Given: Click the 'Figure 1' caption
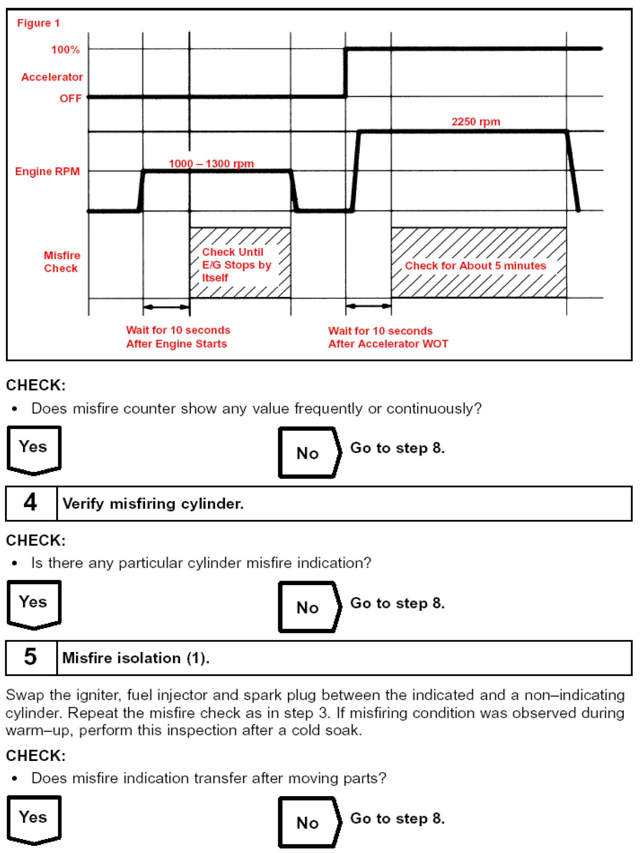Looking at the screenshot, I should click(x=38, y=23).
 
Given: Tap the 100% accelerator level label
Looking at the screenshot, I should click(x=65, y=50).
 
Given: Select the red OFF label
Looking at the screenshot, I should click(x=70, y=99).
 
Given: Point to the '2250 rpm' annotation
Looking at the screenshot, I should click(x=476, y=122).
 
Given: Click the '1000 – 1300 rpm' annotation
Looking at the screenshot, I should click(x=211, y=164).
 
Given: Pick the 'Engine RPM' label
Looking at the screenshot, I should click(x=47, y=172).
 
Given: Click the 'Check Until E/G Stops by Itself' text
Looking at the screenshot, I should click(x=236, y=265).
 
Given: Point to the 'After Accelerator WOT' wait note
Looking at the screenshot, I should click(x=388, y=337).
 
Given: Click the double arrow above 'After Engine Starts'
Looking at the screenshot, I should click(x=166, y=307).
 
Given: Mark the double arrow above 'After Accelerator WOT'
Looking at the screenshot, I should click(x=368, y=307).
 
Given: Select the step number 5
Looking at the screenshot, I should click(x=30, y=658).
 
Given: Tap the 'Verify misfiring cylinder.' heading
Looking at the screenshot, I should click(x=153, y=504).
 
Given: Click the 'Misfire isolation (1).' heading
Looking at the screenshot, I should click(x=136, y=658).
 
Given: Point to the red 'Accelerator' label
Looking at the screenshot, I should click(x=52, y=77).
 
